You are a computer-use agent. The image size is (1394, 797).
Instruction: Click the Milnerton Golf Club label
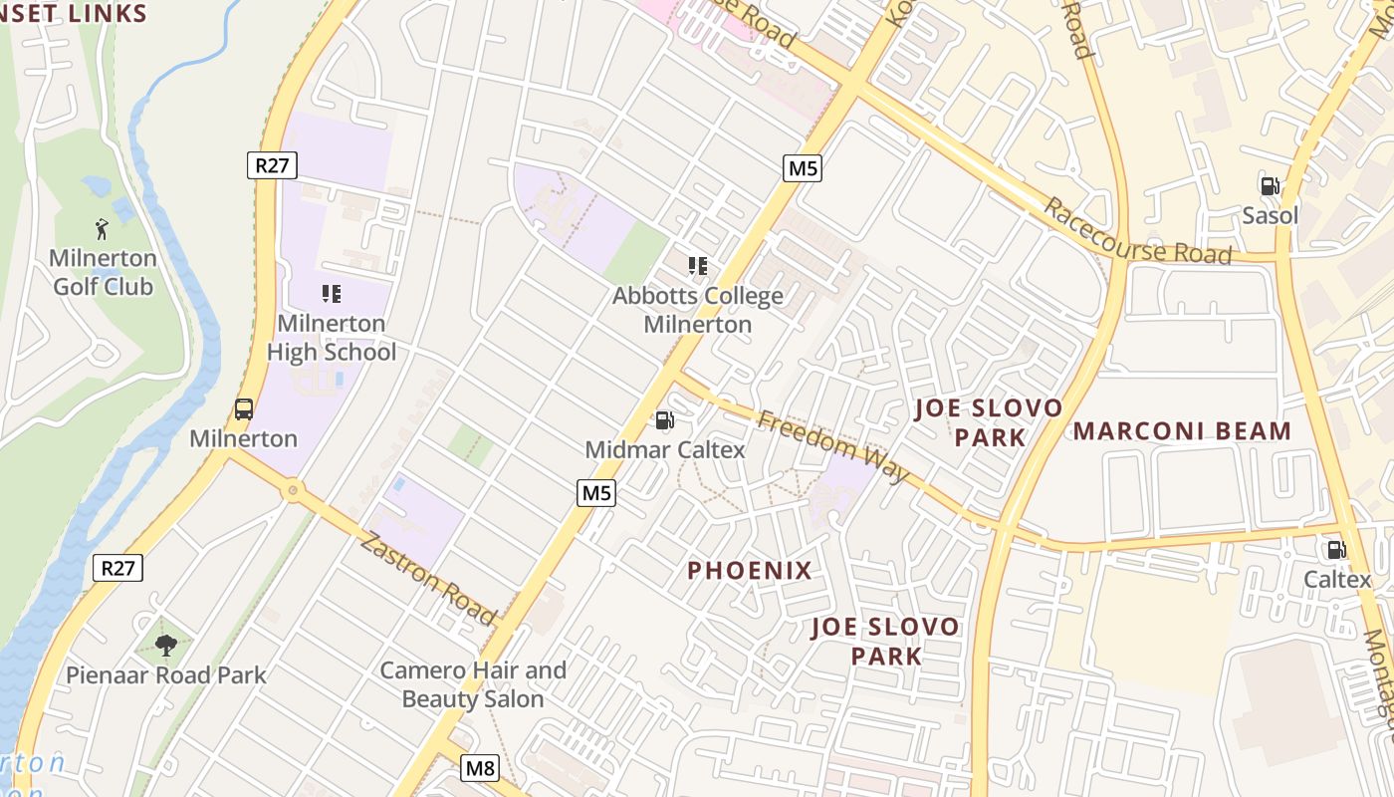(x=103, y=272)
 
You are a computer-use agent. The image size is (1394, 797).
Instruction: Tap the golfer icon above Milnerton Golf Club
(x=101, y=230)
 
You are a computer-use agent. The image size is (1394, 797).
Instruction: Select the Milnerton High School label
(x=332, y=338)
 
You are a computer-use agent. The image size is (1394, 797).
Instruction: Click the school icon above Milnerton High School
(x=332, y=293)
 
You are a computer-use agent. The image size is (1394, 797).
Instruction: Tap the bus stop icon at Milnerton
(x=243, y=408)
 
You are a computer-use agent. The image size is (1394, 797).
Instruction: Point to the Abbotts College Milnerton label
(x=697, y=310)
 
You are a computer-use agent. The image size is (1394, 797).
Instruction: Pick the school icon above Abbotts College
(x=697, y=265)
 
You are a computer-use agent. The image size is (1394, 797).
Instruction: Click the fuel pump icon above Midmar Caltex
(x=664, y=420)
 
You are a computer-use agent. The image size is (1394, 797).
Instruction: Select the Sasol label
(x=1270, y=215)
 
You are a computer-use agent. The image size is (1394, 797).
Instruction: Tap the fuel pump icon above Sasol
(x=1270, y=185)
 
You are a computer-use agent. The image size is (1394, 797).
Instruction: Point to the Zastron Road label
(x=427, y=578)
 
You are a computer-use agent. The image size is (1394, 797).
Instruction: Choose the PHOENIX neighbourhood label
(x=750, y=571)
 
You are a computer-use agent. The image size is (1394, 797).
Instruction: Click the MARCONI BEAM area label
(x=1182, y=431)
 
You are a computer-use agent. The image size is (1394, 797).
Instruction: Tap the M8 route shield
(x=480, y=768)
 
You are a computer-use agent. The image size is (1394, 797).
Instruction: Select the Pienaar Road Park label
(x=166, y=674)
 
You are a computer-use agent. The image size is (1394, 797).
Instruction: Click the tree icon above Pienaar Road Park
(x=166, y=645)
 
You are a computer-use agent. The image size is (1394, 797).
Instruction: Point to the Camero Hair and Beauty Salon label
(x=473, y=684)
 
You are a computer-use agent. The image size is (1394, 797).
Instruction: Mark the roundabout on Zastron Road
(x=292, y=489)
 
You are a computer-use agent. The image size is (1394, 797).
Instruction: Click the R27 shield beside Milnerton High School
(x=272, y=165)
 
